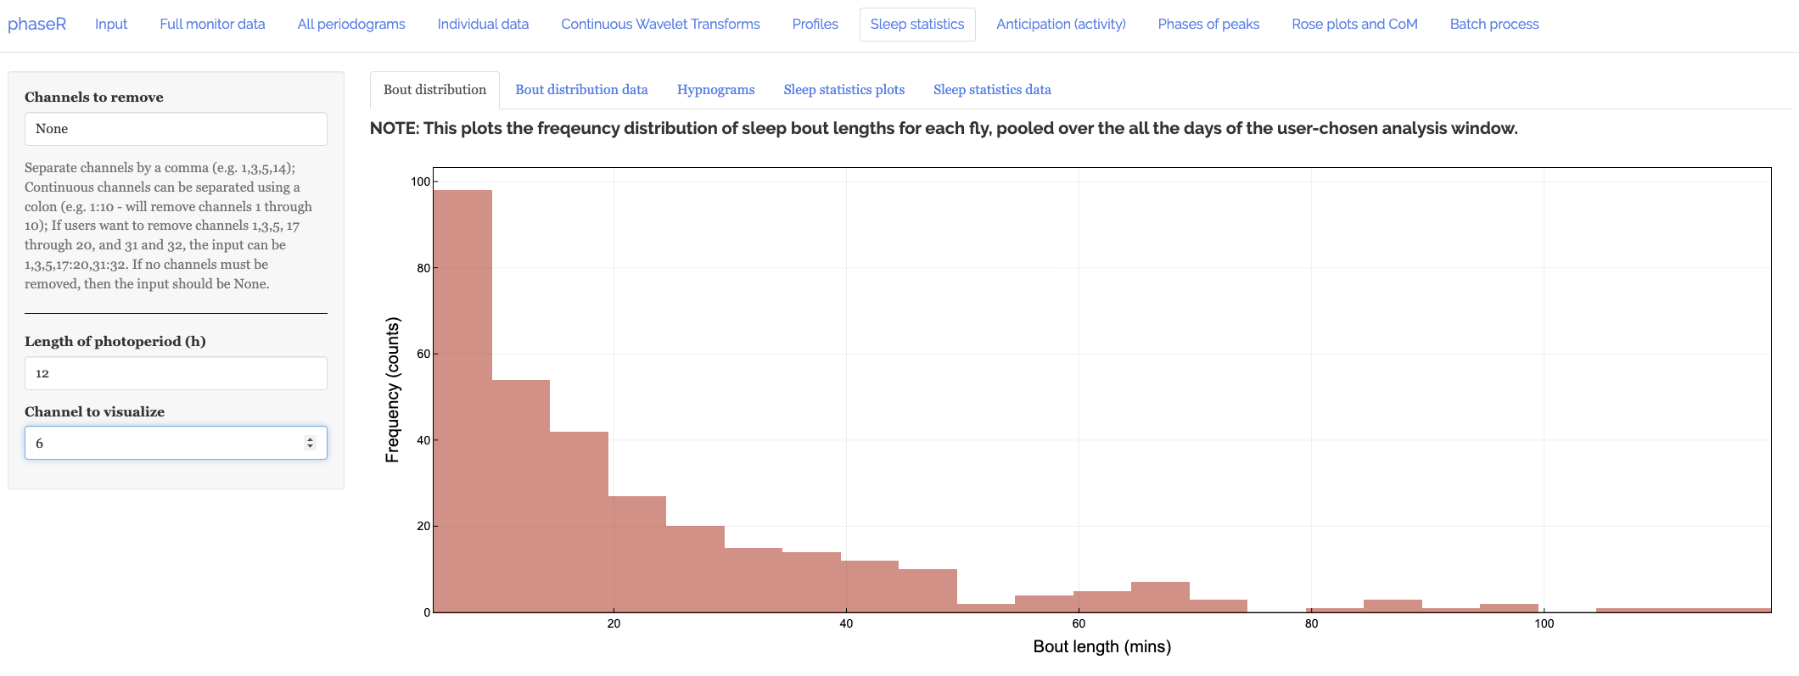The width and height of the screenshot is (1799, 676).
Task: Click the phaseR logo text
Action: [x=36, y=24]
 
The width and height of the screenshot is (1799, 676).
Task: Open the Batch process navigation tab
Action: [x=1494, y=24]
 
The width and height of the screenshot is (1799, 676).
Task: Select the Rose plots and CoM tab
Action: [x=1354, y=24]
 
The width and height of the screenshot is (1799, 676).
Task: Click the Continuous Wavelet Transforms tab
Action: [x=660, y=24]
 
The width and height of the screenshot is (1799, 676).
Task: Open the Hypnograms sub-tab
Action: [x=715, y=90]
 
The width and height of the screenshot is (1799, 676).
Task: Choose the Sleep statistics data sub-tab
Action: [x=992, y=90]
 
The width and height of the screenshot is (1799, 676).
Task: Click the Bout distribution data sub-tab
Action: [x=581, y=90]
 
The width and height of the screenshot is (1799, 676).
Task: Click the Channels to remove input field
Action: [x=176, y=129]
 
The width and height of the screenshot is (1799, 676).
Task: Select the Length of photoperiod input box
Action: [x=176, y=373]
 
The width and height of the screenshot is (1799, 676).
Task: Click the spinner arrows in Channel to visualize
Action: [x=310, y=443]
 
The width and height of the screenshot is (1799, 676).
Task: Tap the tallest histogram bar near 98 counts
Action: [x=462, y=399]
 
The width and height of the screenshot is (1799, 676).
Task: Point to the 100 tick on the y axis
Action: [x=420, y=182]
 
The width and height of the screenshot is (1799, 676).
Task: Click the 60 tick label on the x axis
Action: [x=1079, y=623]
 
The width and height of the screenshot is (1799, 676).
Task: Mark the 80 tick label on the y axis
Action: [x=423, y=268]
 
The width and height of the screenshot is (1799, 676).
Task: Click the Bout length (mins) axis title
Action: [x=1101, y=646]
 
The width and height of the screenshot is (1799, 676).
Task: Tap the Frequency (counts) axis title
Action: [x=392, y=390]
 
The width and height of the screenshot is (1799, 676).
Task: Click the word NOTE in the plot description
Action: [x=394, y=128]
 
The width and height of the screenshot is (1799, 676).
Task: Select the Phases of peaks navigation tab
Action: [x=1208, y=24]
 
